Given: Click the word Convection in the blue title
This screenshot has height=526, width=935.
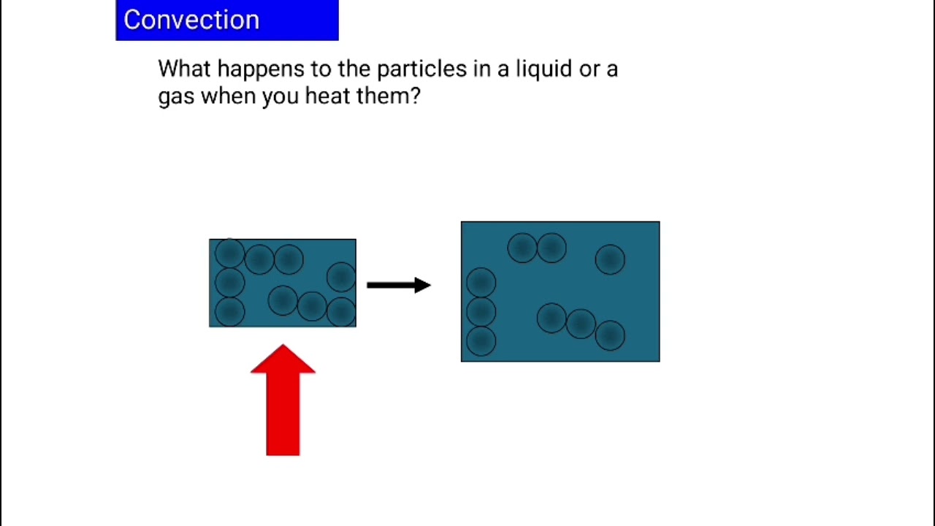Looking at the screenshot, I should coord(191,20).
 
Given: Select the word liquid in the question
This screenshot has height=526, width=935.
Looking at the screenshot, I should coord(543,69).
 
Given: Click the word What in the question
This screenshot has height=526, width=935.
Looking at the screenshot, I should coord(185,69).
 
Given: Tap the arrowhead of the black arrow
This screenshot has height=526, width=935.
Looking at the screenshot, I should coord(422,285).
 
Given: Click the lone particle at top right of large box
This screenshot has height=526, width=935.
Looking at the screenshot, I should coord(610,259).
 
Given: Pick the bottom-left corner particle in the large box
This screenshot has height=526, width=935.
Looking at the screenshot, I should coord(481,341).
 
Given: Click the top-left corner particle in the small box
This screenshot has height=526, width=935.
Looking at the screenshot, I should coord(229,254).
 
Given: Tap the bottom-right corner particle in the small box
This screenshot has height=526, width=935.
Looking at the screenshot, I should coord(341,312).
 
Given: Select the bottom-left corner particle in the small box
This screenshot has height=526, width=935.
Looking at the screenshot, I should coord(229,312).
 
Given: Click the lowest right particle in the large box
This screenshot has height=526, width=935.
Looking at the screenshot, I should coord(610,335).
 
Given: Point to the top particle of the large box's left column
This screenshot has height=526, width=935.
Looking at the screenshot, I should coord(481,283).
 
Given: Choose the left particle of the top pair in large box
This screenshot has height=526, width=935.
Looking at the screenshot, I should coord(522,248).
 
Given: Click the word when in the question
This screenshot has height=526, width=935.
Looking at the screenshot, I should coord(227,96).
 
